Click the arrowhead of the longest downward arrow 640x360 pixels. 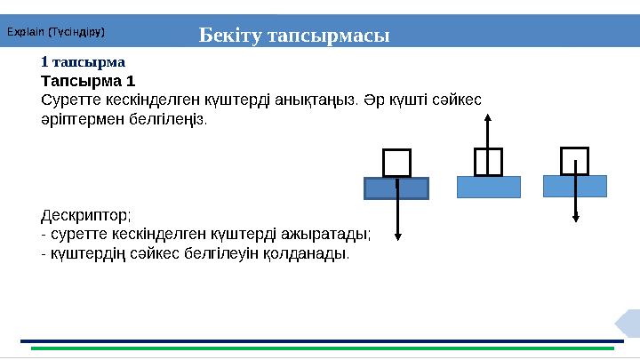[397, 236]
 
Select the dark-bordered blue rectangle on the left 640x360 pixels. [396, 188]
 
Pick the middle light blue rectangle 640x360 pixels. [488, 187]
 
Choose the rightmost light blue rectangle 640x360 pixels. [575, 186]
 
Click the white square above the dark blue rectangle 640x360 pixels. [396, 163]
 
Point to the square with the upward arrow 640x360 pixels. [488, 162]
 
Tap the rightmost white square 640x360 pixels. [575, 161]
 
